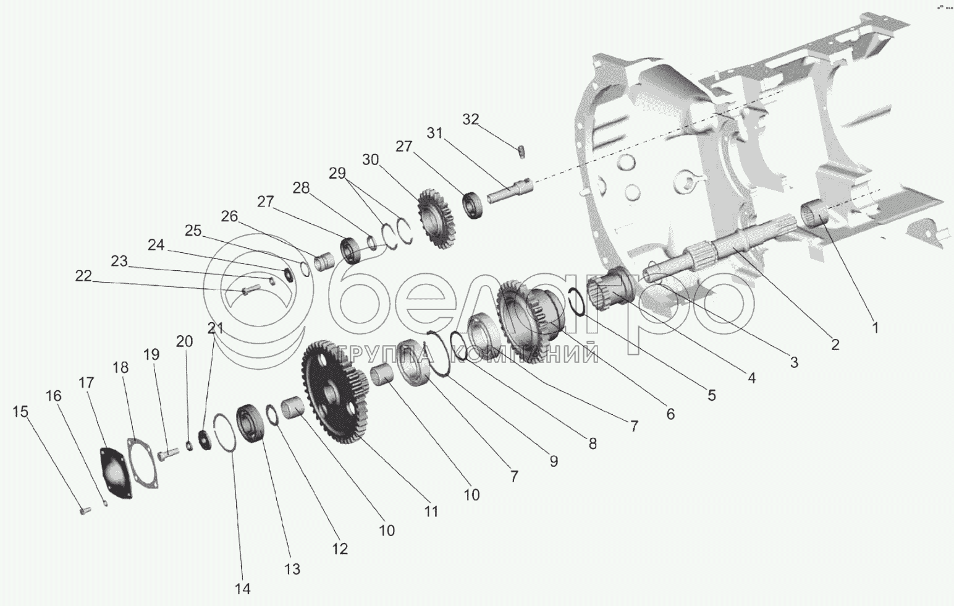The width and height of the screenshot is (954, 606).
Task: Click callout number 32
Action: (x=471, y=119)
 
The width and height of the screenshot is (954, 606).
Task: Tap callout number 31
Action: (x=435, y=133)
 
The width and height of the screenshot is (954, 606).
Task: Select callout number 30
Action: (x=371, y=160)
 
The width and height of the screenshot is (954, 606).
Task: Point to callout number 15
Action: (x=20, y=412)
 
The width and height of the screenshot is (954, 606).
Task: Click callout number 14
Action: (x=242, y=589)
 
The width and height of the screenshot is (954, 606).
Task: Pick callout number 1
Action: (x=875, y=328)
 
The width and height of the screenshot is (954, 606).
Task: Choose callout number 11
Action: (x=431, y=511)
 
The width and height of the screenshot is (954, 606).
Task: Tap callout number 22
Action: (x=83, y=276)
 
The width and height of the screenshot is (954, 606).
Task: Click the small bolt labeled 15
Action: (x=83, y=510)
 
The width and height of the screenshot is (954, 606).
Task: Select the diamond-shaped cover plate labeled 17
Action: (x=116, y=472)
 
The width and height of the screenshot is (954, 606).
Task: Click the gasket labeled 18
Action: (x=143, y=463)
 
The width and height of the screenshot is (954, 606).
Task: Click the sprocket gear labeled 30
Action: (x=436, y=219)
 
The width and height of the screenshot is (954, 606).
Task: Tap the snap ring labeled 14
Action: (x=224, y=432)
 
